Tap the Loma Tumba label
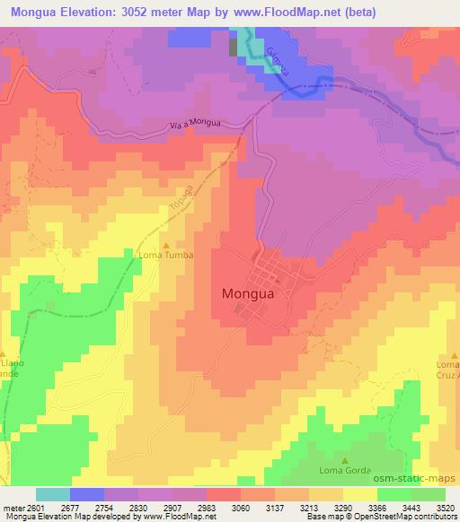click(x=164, y=255)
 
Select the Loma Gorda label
click(x=346, y=470)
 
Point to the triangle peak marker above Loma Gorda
click(x=346, y=459)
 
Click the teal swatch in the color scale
click(x=52, y=494)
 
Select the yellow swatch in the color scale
click(x=359, y=494)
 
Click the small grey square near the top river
click(x=235, y=48)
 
